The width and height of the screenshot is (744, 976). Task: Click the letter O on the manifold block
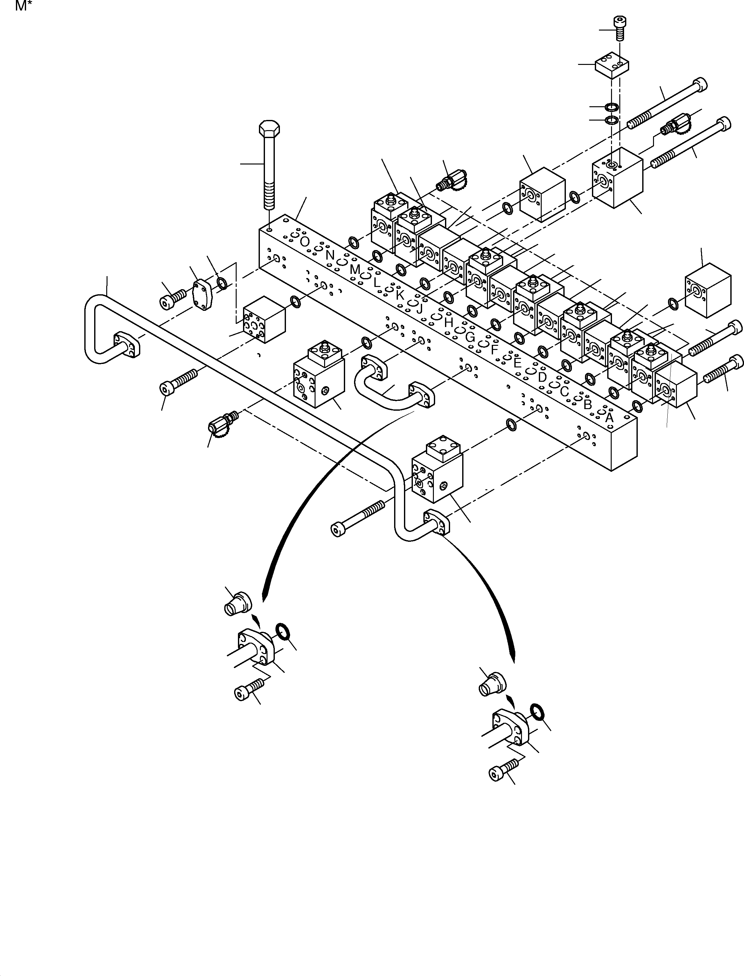tap(304, 242)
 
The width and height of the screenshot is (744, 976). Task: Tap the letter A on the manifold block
tap(609, 417)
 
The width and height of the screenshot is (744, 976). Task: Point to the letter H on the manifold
tap(448, 323)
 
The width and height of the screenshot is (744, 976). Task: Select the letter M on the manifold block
tap(355, 269)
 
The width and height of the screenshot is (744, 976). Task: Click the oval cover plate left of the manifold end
tap(203, 295)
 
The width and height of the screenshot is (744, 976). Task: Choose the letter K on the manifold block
tap(400, 295)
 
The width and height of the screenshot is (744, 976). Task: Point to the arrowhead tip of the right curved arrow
tap(514, 674)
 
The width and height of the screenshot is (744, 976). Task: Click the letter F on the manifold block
tap(495, 349)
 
